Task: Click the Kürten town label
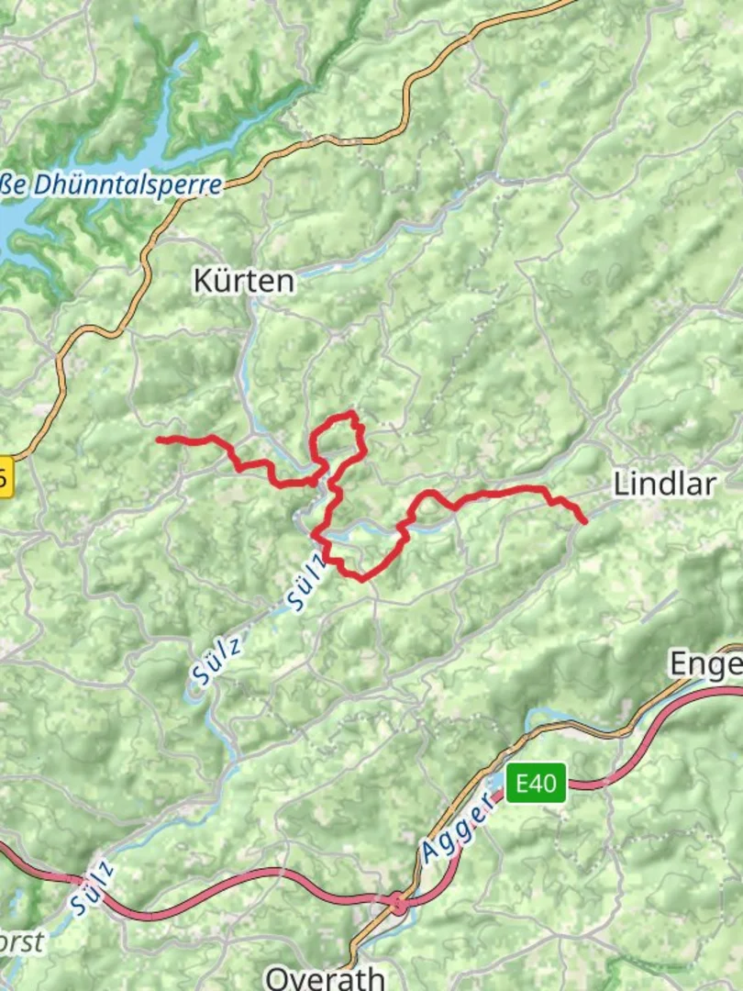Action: (x=244, y=281)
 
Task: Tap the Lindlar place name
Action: (x=663, y=484)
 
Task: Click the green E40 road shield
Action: (x=536, y=784)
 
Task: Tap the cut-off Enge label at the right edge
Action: (x=704, y=663)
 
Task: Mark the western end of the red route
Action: (x=160, y=440)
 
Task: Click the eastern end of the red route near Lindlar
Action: (x=584, y=522)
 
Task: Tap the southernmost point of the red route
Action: (x=362, y=580)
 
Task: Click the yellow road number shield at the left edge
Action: (x=5, y=477)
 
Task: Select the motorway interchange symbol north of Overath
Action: (x=398, y=904)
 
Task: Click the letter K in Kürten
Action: (x=202, y=281)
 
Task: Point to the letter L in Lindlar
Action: (x=621, y=484)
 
